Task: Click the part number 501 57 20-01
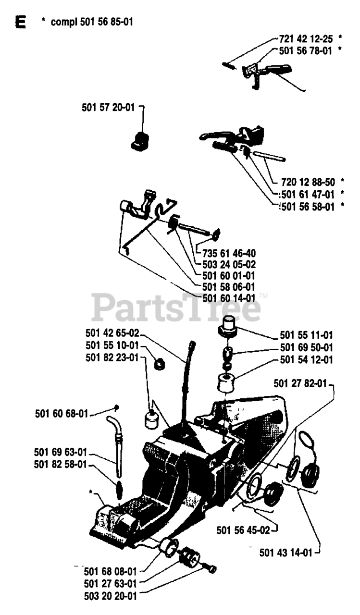pyautogui.click(x=108, y=107)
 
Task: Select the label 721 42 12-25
pyautogui.click(x=306, y=39)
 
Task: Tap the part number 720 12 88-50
pyautogui.click(x=308, y=182)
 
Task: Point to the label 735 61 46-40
pyautogui.click(x=229, y=253)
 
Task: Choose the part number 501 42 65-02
pyautogui.click(x=112, y=333)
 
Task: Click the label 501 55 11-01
pyautogui.click(x=307, y=335)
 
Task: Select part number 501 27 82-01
pyautogui.click(x=300, y=383)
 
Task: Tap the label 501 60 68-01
pyautogui.click(x=62, y=414)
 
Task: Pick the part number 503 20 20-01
pyautogui.click(x=111, y=596)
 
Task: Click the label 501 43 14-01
pyautogui.click(x=286, y=553)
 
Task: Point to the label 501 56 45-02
pyautogui.click(x=243, y=530)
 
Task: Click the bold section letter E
pyautogui.click(x=21, y=22)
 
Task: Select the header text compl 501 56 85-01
pyautogui.click(x=92, y=22)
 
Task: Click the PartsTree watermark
pyautogui.click(x=176, y=307)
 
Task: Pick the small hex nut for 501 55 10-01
pyautogui.click(x=159, y=364)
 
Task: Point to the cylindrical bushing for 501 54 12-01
pyautogui.click(x=226, y=383)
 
